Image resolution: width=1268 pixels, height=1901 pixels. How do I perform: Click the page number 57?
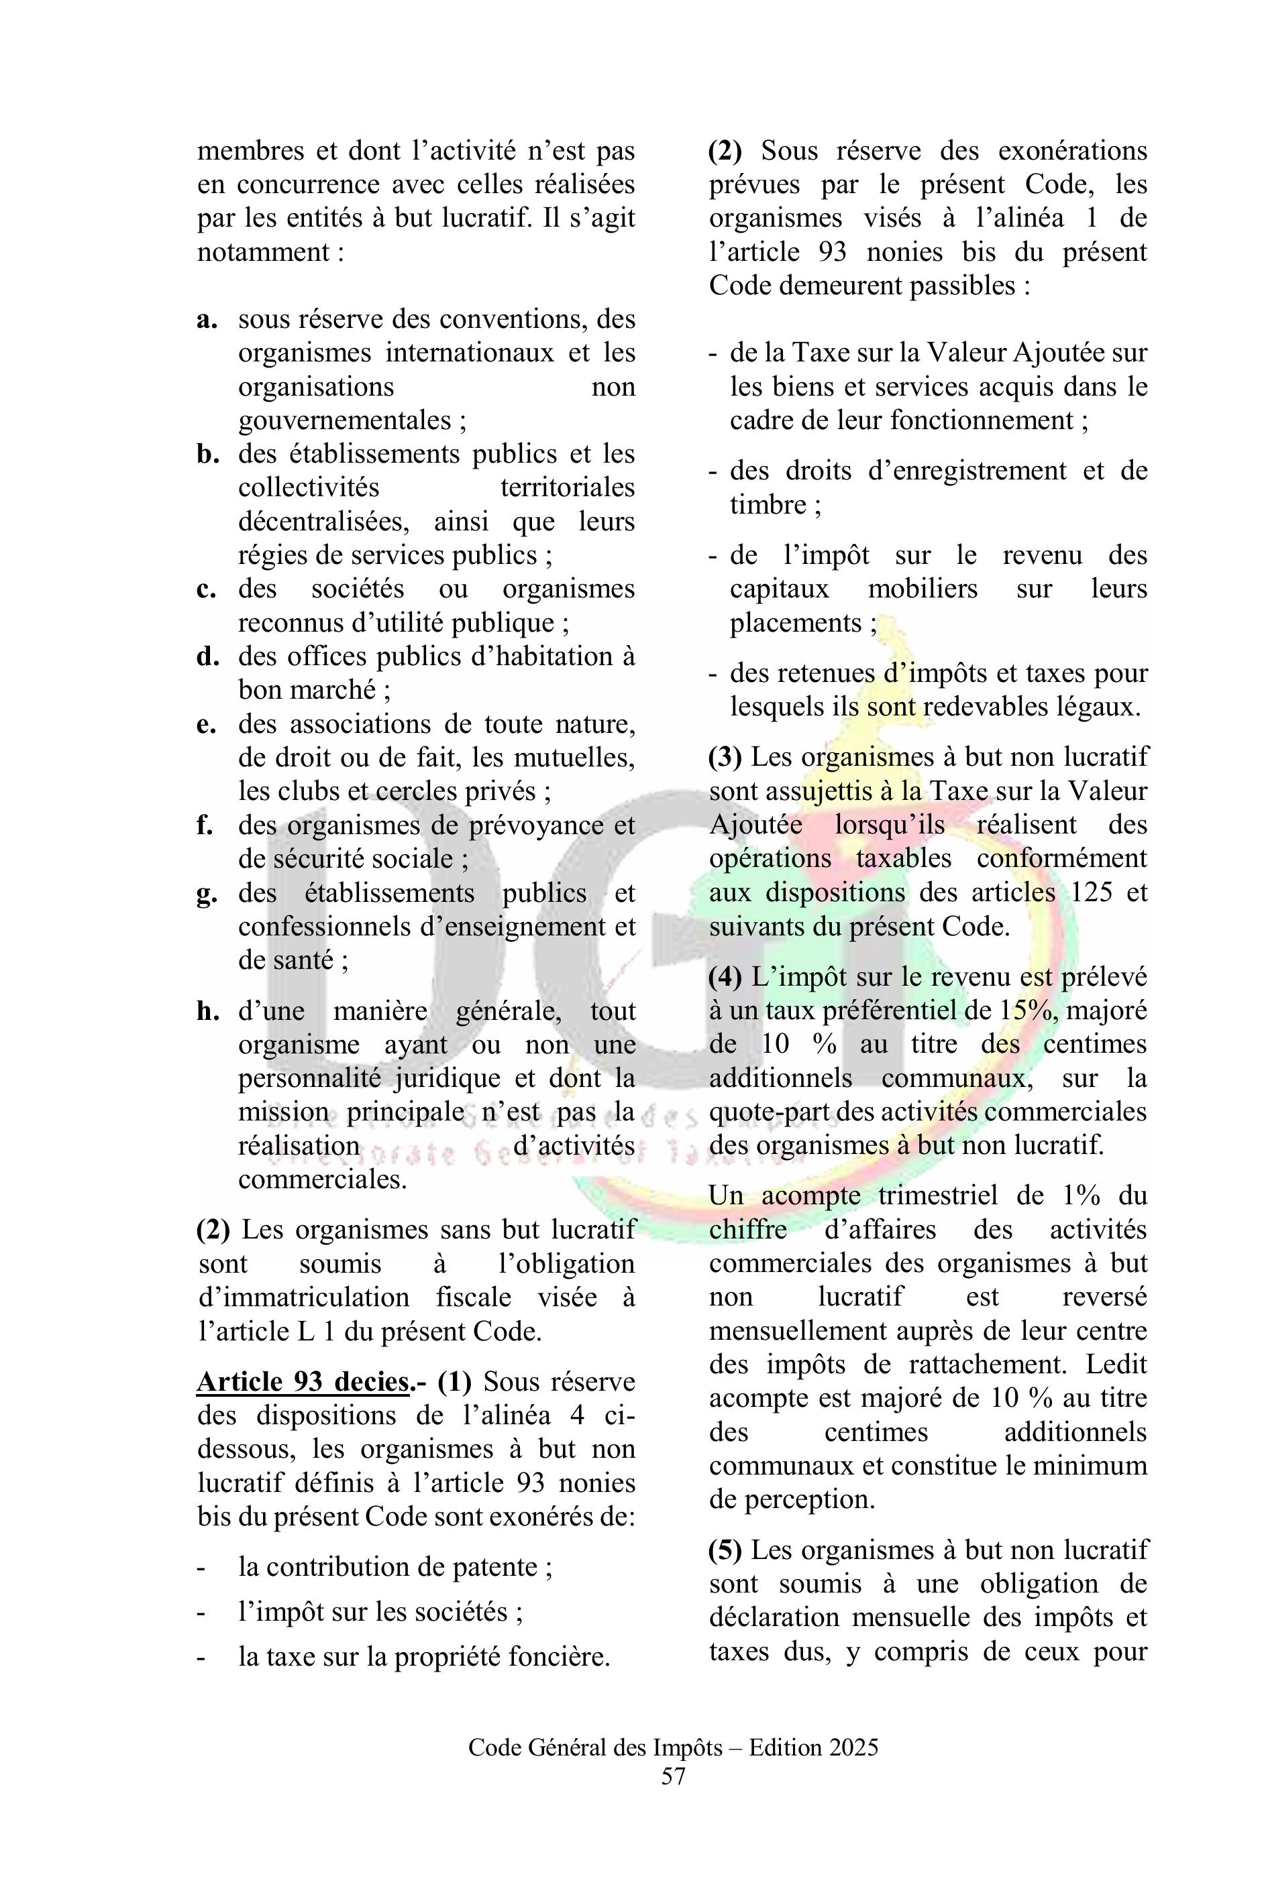tap(673, 1776)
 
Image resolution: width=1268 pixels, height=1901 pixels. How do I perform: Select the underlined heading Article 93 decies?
tap(303, 1381)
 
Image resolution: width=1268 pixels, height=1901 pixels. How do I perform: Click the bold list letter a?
tap(207, 319)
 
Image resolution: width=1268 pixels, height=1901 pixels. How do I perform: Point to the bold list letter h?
tap(208, 1011)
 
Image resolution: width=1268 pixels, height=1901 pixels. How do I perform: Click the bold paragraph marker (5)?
tap(726, 1550)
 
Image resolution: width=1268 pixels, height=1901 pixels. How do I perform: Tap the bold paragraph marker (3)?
tap(726, 757)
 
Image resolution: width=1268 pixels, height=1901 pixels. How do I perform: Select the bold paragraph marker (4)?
tap(726, 977)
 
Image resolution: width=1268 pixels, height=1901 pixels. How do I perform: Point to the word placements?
tap(796, 623)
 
